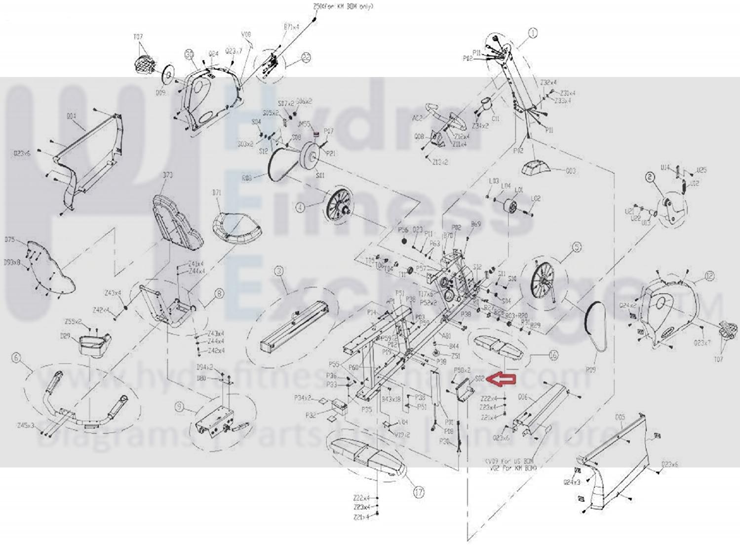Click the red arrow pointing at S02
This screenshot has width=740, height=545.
502,379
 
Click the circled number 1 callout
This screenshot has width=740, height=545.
533,33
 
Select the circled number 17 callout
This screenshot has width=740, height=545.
419,492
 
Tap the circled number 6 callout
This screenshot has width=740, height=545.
17,358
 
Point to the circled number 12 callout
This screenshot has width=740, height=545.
709,276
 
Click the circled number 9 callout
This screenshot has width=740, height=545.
179,407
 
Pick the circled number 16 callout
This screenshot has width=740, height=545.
553,355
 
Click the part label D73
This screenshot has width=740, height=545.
167,175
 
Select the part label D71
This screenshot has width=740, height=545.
217,192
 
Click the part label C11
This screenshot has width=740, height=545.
496,119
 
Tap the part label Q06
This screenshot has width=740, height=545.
523,397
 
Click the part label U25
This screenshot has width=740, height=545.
701,170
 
